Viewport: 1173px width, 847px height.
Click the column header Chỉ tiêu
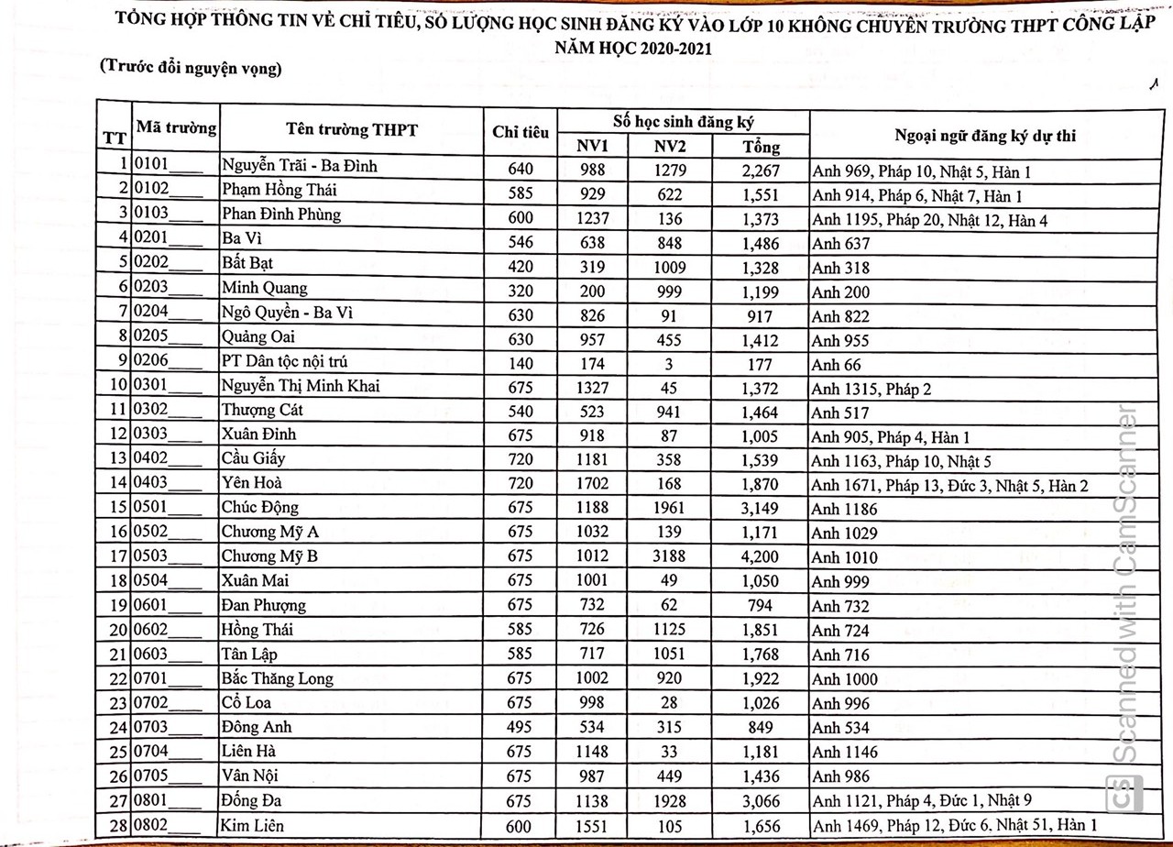pyautogui.click(x=521, y=133)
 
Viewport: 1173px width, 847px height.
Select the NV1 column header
pyautogui.click(x=592, y=146)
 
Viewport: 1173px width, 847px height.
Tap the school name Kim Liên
pyautogui.click(x=252, y=826)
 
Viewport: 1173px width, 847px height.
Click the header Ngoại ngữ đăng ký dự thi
pyautogui.click(x=985, y=136)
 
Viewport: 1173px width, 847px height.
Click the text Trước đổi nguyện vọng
pyautogui.click(x=192, y=70)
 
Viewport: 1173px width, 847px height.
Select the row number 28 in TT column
pyautogui.click(x=116, y=826)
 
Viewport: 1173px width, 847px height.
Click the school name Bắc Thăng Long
pyautogui.click(x=277, y=679)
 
